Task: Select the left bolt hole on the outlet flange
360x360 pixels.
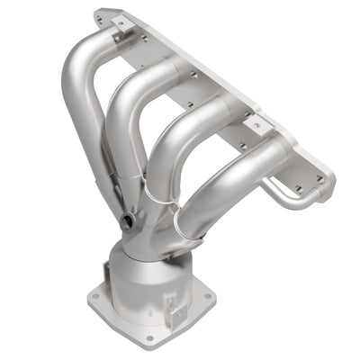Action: point(94,294)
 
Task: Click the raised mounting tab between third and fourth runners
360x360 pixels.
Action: point(256,123)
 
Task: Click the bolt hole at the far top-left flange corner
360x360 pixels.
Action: point(101,16)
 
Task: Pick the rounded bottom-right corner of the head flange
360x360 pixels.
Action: point(329,189)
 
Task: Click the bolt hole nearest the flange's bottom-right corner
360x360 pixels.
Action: point(319,179)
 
